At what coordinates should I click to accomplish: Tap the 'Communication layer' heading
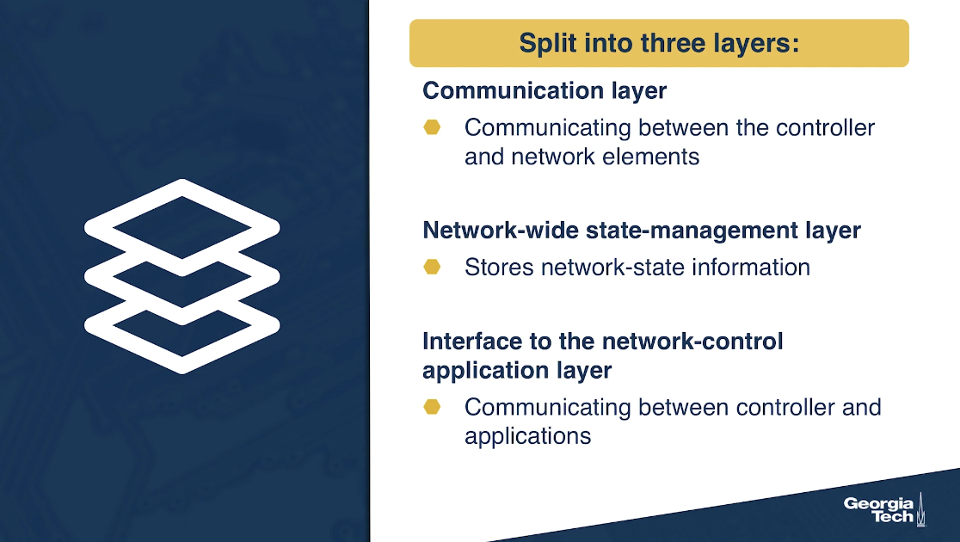(545, 90)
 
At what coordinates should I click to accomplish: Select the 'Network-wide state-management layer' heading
(642, 231)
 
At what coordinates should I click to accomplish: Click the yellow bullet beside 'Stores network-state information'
(432, 267)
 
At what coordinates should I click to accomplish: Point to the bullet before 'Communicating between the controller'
(432, 126)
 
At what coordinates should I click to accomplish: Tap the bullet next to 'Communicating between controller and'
(432, 407)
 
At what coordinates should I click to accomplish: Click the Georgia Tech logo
(884, 509)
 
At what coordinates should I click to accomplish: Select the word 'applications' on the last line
(528, 436)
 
